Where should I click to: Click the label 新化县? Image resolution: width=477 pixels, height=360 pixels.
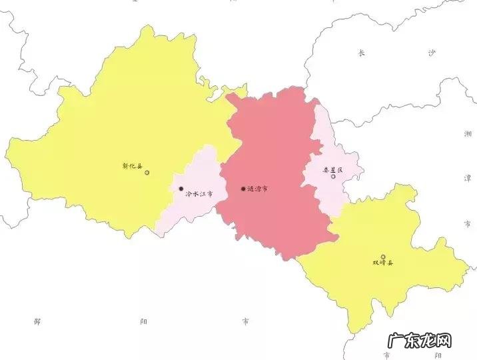[x=133, y=165]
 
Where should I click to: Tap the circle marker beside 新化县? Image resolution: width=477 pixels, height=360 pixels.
[x=147, y=173]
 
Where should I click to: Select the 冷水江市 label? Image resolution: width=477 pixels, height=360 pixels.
[x=199, y=194]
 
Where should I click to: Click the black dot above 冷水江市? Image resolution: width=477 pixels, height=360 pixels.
[x=181, y=189]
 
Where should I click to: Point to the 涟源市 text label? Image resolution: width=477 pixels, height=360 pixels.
[x=258, y=189]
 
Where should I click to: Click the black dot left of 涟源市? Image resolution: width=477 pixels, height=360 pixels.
[x=242, y=189]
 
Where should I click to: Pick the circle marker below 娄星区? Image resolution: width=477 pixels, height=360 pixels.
[x=333, y=177]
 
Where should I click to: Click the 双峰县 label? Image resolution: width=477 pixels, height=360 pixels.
[x=383, y=263]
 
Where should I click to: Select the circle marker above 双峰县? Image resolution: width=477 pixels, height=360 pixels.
[x=383, y=257]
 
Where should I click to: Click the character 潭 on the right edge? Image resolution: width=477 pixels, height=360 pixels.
[x=468, y=178]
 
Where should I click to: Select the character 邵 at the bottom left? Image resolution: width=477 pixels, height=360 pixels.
[x=37, y=321]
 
